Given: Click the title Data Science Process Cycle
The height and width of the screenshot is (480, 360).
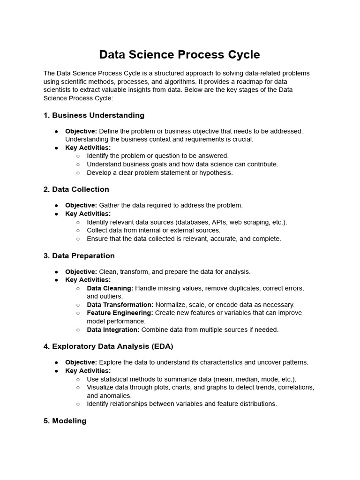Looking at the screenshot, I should pyautogui.click(x=180, y=54).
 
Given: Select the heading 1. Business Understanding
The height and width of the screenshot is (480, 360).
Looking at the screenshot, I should pyautogui.click(x=94, y=115).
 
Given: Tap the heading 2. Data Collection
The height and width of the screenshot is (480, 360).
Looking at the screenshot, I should pyautogui.click(x=76, y=189).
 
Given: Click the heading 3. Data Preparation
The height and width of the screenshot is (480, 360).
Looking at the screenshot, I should pyautogui.click(x=79, y=256).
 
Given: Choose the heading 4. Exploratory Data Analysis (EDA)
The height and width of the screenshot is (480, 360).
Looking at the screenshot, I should pyautogui.click(x=108, y=346).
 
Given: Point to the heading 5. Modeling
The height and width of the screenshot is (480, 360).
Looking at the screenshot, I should pyautogui.click(x=65, y=421).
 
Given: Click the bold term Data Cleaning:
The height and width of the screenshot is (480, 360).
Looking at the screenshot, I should pyautogui.click(x=110, y=288).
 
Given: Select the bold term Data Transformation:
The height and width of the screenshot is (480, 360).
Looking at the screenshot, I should pyautogui.click(x=120, y=305).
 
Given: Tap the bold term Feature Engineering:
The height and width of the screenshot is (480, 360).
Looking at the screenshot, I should pyautogui.click(x=120, y=313).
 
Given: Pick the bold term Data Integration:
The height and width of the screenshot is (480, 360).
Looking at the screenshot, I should pyautogui.click(x=113, y=330).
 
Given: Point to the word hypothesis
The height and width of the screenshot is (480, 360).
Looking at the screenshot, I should pyautogui.click(x=216, y=172).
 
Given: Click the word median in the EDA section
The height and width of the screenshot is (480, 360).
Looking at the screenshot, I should pyautogui.click(x=244, y=379).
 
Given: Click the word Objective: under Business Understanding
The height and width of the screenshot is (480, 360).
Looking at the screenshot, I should pyautogui.click(x=81, y=131).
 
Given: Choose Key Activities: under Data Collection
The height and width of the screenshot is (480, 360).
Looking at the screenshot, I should pyautogui.click(x=88, y=214).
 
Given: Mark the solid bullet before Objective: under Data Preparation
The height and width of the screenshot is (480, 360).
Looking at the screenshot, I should pyautogui.click(x=56, y=272).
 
